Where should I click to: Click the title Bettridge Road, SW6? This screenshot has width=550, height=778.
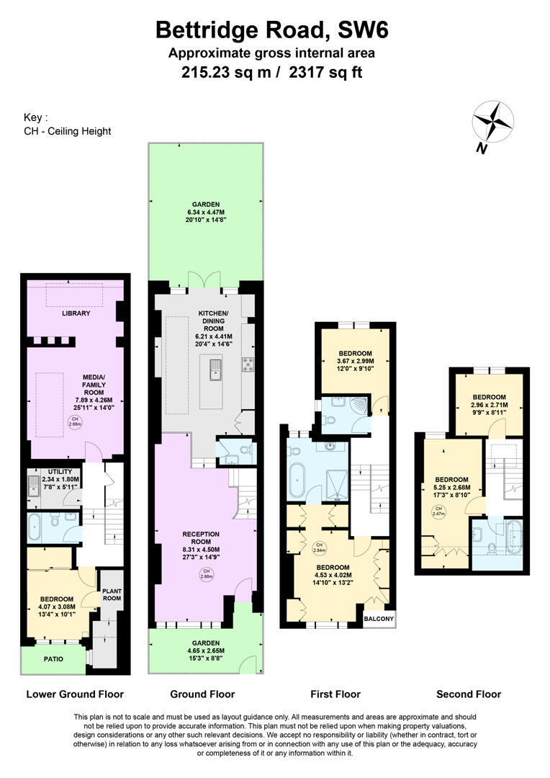click(274, 30)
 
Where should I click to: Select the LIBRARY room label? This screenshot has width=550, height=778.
click(75, 313)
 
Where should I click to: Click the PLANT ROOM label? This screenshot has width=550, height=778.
click(112, 594)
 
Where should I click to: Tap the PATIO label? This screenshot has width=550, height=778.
click(53, 659)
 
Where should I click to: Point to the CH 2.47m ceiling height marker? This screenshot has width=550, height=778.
click(438, 512)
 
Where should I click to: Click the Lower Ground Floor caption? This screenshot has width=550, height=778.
click(75, 694)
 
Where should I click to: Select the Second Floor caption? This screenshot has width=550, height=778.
click(469, 694)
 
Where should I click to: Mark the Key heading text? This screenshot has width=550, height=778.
click(36, 117)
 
